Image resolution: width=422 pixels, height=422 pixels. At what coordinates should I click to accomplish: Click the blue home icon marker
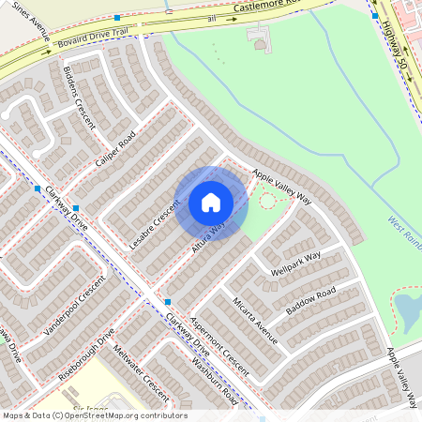pyautogui.click(x=211, y=203)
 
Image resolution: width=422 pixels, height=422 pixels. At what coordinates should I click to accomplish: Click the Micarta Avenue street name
pyautogui.click(x=255, y=322)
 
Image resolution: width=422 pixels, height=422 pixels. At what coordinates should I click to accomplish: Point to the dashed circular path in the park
pyautogui.click(x=267, y=200)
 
